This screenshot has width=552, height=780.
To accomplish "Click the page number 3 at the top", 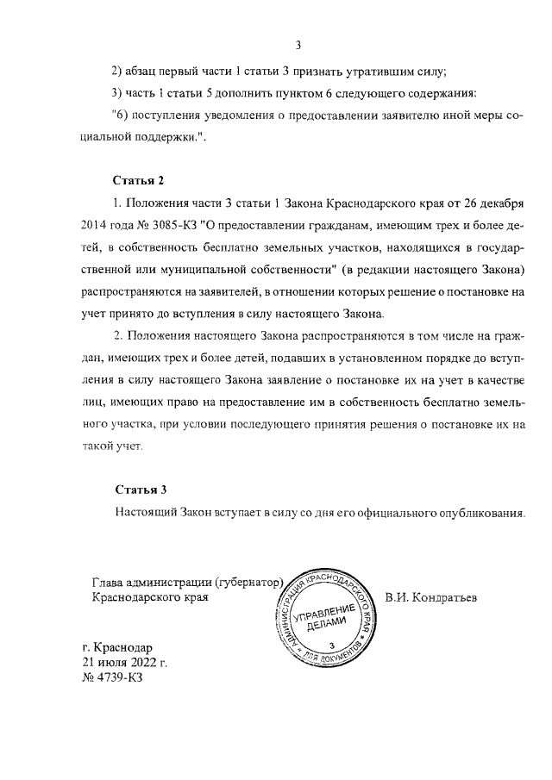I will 297,46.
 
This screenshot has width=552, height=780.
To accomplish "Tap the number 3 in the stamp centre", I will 332,646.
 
